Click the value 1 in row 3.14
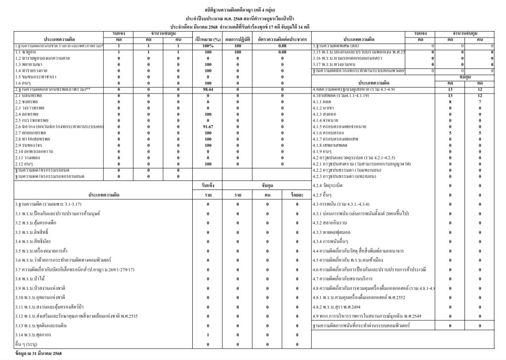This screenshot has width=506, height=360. (208, 335)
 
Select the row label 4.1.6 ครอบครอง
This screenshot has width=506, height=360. (331, 133)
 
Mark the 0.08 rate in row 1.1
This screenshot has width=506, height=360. (282, 52)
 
